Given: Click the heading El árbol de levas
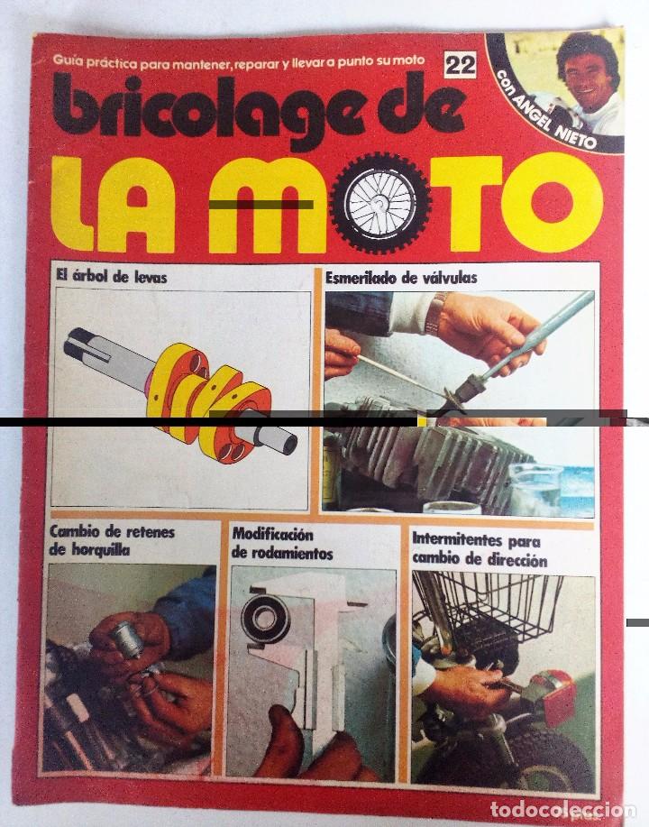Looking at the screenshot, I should click(110, 278).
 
